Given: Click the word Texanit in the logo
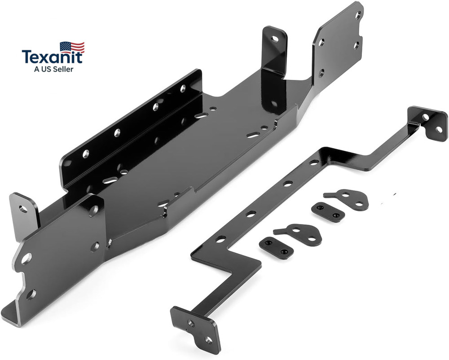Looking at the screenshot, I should click(53, 57).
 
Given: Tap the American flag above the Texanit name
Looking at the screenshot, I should click(72, 47).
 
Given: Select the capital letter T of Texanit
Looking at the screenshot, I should click(27, 57).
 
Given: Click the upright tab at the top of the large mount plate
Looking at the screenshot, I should click(274, 49).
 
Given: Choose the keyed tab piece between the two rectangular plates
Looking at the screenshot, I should click(300, 233).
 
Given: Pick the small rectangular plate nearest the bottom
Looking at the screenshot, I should click(276, 247).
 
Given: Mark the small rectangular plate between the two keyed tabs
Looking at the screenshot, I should click(328, 212).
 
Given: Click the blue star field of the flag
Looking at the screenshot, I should click(66, 45).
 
